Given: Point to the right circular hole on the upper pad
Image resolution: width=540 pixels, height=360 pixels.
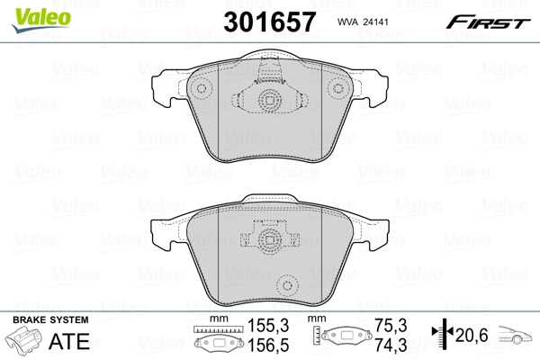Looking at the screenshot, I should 339,88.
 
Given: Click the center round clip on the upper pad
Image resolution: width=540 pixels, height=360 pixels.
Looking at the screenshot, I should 266,102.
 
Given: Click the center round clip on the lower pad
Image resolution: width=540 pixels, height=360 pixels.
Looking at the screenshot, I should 266,241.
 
